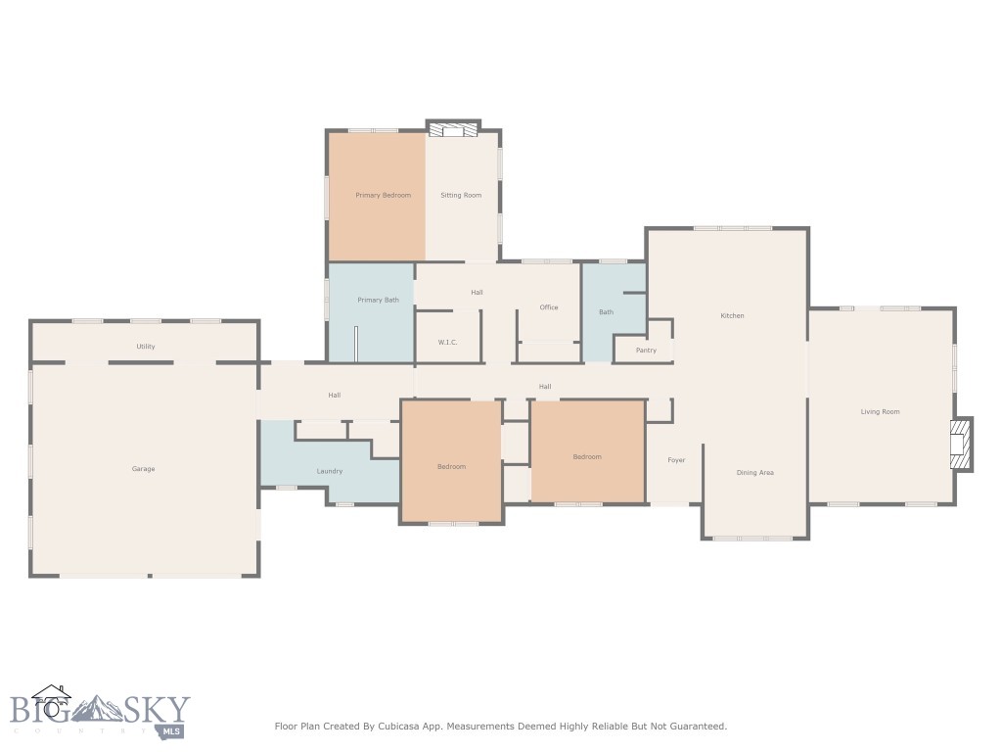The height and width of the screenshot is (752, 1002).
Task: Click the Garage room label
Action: click(x=144, y=469)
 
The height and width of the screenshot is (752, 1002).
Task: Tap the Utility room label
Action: click(x=146, y=347)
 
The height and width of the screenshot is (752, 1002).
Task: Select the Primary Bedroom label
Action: click(x=383, y=196)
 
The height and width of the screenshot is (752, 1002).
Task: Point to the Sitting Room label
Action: click(x=461, y=196)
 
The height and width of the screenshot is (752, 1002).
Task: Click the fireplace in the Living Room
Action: click(x=962, y=444)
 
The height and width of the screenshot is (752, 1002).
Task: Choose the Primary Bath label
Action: click(x=378, y=300)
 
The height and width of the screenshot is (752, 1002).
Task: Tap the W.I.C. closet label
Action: click(x=448, y=343)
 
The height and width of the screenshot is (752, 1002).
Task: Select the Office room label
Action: click(x=549, y=307)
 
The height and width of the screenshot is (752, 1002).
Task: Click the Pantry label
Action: click(x=646, y=351)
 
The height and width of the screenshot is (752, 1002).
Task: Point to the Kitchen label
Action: click(x=732, y=316)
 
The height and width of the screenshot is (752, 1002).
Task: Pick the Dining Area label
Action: click(x=754, y=473)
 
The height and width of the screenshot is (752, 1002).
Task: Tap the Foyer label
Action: click(x=676, y=460)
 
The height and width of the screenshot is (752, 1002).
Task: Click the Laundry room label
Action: click(x=330, y=472)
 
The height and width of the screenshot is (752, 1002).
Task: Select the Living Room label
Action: click(x=880, y=412)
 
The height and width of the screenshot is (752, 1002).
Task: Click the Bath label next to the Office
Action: click(x=606, y=312)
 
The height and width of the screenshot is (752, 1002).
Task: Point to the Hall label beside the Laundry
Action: click(x=335, y=396)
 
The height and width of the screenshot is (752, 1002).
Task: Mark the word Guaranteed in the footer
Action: click(x=697, y=727)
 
